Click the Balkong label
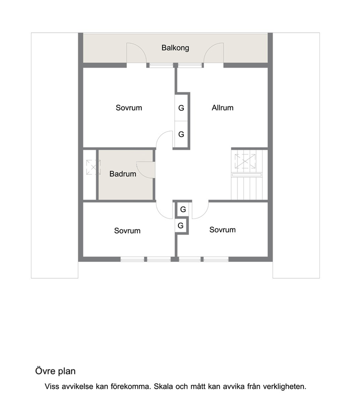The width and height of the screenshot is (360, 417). (x=175, y=48)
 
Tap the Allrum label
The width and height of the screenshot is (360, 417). (x=223, y=108)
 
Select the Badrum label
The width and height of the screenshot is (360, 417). (x=123, y=174)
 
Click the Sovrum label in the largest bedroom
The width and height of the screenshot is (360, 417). (x=129, y=108)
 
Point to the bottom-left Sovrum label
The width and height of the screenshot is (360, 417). (x=127, y=231)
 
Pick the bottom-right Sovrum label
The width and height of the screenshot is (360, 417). (x=222, y=230)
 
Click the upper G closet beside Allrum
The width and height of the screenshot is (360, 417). (x=181, y=108)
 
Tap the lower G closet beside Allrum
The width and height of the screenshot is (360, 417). (x=181, y=134)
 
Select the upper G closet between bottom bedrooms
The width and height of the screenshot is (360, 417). (x=183, y=210)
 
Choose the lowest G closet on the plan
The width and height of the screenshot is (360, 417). (x=181, y=226)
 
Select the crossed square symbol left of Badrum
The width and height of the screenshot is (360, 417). (x=93, y=167)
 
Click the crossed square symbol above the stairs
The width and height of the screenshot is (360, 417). (x=245, y=161)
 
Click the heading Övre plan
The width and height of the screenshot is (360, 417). (x=56, y=371)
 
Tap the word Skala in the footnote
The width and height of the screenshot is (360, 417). (x=163, y=386)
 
